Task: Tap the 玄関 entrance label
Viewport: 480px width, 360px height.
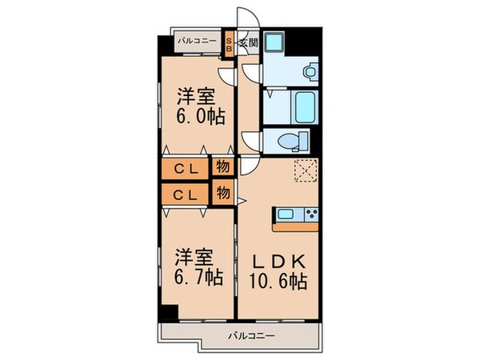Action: pos(247,42)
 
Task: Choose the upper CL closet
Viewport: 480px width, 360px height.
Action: pos(186,169)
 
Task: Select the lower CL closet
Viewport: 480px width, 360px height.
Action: pos(186,194)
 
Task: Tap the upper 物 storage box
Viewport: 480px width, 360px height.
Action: pos(223,167)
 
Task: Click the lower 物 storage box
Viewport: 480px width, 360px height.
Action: pos(223,192)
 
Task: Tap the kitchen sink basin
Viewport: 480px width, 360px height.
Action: pos(287,214)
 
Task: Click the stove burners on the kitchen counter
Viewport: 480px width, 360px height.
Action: pos(310,214)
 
